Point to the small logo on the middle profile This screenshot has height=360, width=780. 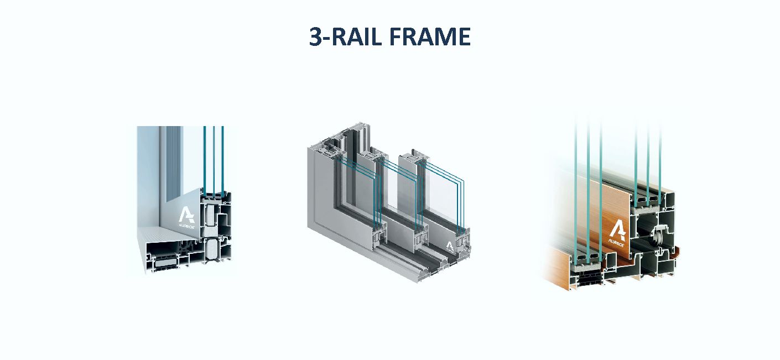(450, 247)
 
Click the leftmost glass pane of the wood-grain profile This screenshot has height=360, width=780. (576, 188)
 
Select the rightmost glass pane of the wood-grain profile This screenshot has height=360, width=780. (660, 164)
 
